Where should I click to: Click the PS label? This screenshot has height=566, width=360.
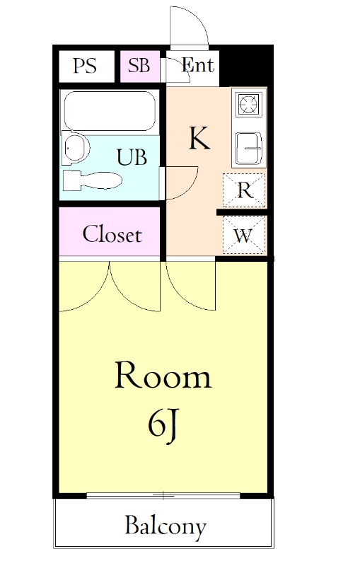[85, 66]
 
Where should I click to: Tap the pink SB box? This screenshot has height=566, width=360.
[139, 67]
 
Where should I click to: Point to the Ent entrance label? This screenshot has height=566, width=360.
[197, 65]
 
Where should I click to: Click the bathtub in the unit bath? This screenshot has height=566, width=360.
[110, 111]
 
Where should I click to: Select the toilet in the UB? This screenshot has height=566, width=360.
[93, 180]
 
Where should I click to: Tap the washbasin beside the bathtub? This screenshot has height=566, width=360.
[75, 148]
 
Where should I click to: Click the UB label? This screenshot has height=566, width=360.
[132, 157]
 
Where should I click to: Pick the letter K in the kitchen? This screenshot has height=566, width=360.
[199, 138]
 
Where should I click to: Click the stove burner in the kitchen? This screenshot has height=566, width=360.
[249, 103]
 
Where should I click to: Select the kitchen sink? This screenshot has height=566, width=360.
[248, 148]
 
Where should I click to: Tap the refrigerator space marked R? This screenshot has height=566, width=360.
[244, 190]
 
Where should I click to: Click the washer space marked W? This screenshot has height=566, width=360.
[244, 235]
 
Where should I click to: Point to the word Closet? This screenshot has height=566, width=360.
[112, 234]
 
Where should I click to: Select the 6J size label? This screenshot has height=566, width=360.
[163, 425]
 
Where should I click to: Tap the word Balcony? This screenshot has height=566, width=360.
[166, 526]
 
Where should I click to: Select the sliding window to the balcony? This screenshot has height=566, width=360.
[163, 496]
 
